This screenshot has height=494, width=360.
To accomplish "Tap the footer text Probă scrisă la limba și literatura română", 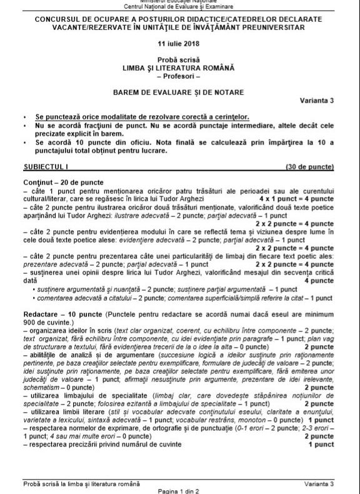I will [81, 483].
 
